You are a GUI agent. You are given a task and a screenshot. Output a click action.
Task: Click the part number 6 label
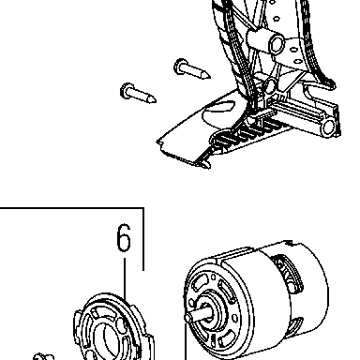[124, 237]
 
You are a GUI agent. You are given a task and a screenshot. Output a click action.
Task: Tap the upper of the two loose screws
[191, 69]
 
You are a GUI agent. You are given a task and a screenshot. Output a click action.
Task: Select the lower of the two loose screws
[138, 93]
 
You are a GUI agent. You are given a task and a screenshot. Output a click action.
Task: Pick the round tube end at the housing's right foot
[328, 127]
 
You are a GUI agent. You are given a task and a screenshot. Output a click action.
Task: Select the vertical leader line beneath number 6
[125, 277]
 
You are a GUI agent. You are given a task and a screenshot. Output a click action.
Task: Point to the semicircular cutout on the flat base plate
[217, 113]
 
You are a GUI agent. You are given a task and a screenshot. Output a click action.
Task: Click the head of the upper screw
[180, 67]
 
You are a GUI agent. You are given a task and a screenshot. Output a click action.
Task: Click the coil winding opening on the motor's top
[288, 273]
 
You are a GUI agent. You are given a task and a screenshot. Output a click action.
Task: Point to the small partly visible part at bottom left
[44, 357]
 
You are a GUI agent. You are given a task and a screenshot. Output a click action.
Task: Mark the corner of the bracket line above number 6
[143, 207]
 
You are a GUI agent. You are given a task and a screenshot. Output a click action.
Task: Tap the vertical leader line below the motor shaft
[186, 341]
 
